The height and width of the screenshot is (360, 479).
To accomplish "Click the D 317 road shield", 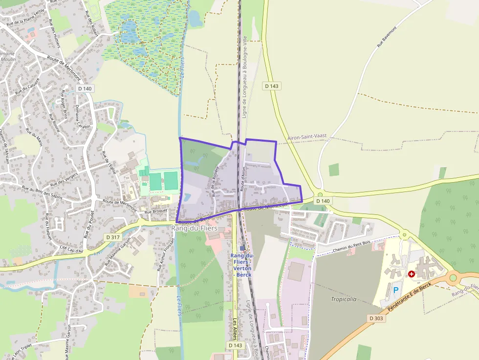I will [x=112, y=237].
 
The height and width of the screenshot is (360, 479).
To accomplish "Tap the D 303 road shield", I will [x=377, y=318].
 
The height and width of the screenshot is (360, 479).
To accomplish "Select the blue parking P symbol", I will [x=396, y=290].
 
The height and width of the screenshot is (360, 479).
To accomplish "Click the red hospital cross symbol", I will [x=412, y=275].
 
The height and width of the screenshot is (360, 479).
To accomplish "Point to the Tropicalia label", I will [x=344, y=299].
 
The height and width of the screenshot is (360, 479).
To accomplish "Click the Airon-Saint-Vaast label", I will [x=307, y=137].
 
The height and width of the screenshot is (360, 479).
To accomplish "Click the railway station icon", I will [x=242, y=248].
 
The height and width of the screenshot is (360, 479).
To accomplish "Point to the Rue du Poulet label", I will [x=88, y=225].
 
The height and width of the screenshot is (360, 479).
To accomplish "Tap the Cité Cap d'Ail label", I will [x=72, y=249].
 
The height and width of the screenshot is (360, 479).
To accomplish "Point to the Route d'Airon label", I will [x=243, y=179].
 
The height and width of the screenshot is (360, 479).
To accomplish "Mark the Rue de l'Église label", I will [x=108, y=163].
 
